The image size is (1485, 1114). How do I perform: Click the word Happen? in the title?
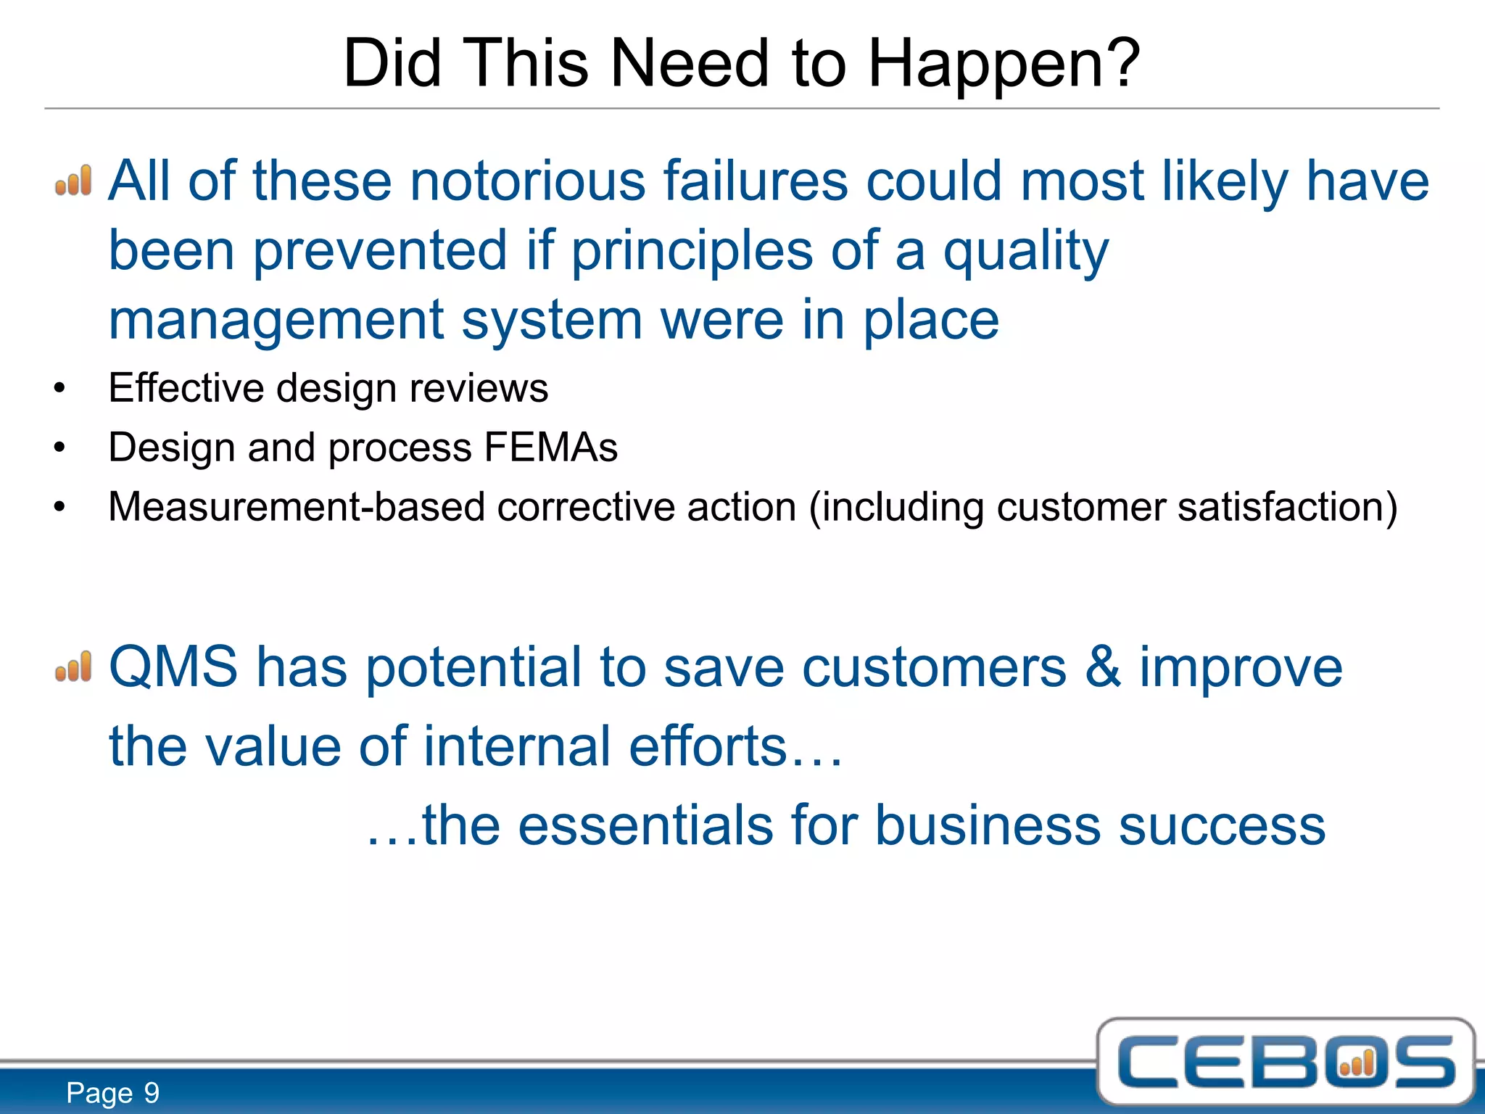pyautogui.click(x=1004, y=65)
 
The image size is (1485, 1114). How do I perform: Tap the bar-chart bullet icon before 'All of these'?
pyautogui.click(x=74, y=181)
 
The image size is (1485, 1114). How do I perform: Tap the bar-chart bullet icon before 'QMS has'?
pyautogui.click(x=74, y=667)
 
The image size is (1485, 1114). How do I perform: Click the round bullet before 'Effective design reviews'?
pyautogui.click(x=59, y=389)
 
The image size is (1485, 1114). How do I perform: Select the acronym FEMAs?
pyautogui.click(x=550, y=447)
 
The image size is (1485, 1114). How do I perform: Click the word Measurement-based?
pyautogui.click(x=296, y=507)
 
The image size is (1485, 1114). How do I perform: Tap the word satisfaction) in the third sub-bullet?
pyautogui.click(x=1287, y=507)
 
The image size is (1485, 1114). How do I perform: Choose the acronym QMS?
pyautogui.click(x=173, y=667)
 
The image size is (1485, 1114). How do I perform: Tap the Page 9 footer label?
pyautogui.click(x=112, y=1093)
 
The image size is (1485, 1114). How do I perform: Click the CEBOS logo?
pyautogui.click(x=1286, y=1063)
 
